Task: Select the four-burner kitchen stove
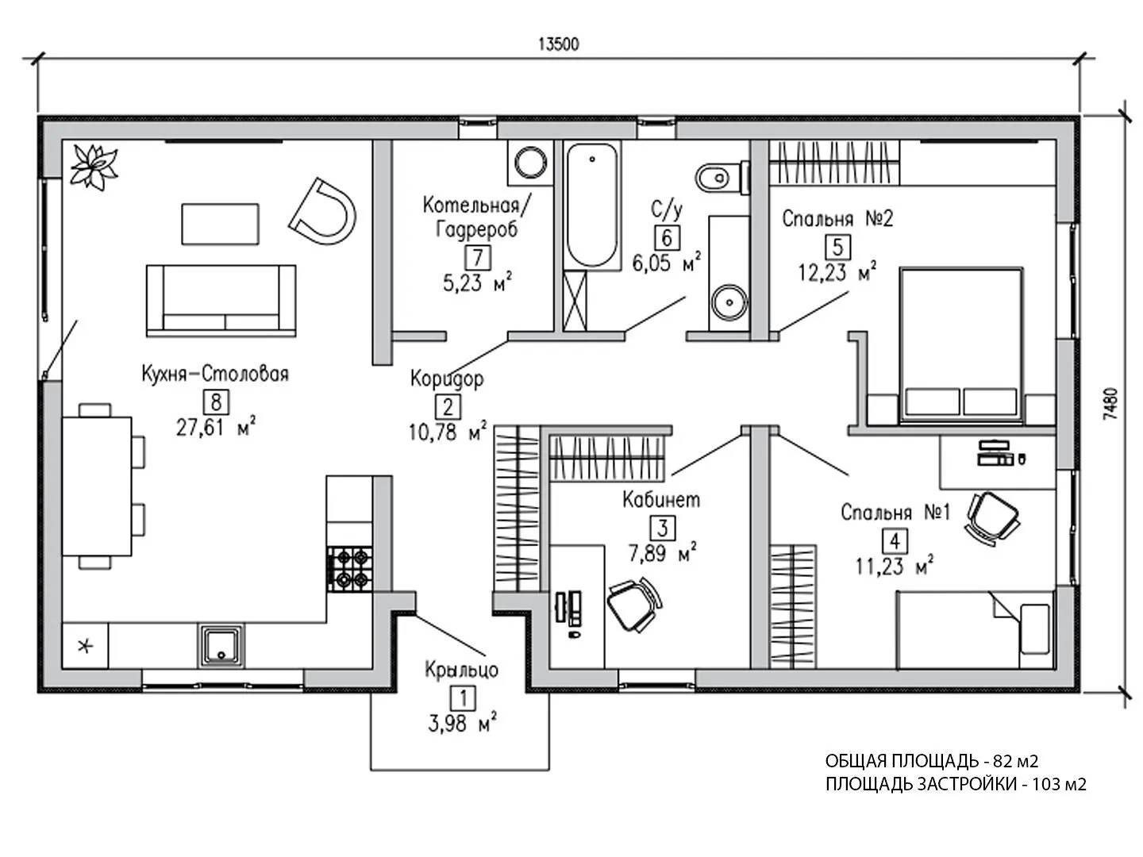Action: pyautogui.click(x=349, y=567)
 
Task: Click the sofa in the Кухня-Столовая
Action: pyautogui.click(x=221, y=299)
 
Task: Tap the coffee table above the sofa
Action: pyautogui.click(x=221, y=224)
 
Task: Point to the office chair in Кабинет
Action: pyautogui.click(x=633, y=603)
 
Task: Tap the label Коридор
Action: pyautogui.click(x=447, y=379)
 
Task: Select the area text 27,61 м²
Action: pyautogui.click(x=214, y=428)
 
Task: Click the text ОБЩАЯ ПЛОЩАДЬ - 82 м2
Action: pyautogui.click(x=932, y=761)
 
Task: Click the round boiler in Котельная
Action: pyautogui.click(x=529, y=163)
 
